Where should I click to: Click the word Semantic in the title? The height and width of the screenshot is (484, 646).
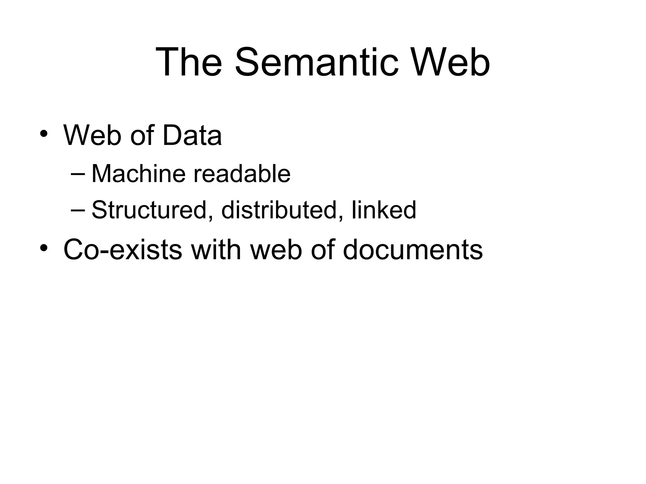click(316, 62)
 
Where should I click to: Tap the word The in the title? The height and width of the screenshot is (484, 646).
click(189, 62)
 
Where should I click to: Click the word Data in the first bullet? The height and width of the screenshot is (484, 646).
click(192, 135)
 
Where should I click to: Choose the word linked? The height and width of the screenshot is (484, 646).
click(384, 210)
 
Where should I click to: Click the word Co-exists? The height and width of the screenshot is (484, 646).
click(123, 250)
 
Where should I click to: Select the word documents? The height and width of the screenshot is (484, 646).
click(413, 250)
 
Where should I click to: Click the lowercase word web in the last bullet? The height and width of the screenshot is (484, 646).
click(276, 250)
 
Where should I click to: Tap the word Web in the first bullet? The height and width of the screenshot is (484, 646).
click(92, 135)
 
